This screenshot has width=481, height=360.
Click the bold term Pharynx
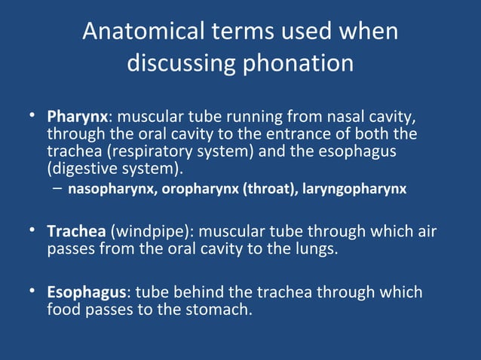78,118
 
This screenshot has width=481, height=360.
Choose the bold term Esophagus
88,291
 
